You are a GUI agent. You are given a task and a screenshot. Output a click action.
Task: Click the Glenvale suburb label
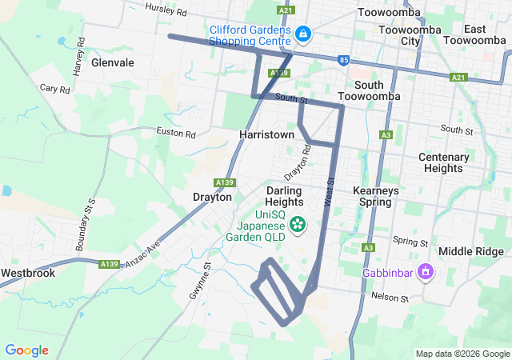113,62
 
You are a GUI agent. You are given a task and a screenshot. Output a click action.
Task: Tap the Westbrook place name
27,273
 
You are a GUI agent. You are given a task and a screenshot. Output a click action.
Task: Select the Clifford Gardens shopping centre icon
304,34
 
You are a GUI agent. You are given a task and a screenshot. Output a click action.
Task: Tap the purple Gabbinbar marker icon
426,272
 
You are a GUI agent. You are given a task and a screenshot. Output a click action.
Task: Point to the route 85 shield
343,60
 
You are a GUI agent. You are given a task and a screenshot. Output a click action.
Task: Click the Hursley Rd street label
166,10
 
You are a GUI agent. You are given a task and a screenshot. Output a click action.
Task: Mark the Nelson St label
390,298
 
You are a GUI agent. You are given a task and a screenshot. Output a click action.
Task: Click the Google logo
27,350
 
